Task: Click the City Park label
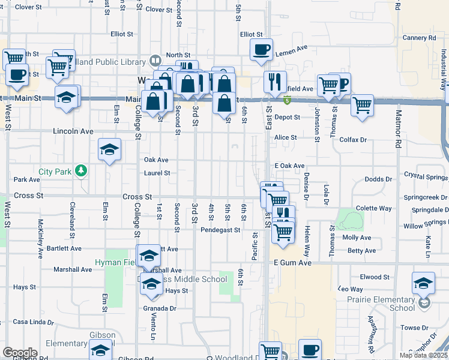coord(55,172)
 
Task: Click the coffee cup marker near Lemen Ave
coord(261,50)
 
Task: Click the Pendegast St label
coord(220,230)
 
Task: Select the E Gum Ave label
coord(293,263)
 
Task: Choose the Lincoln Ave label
coord(73,131)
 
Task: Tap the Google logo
coord(20,352)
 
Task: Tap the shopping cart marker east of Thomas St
coord(362,106)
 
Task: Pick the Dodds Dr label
coord(378,179)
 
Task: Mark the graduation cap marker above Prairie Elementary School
coord(423,283)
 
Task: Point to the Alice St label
coord(286,137)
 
